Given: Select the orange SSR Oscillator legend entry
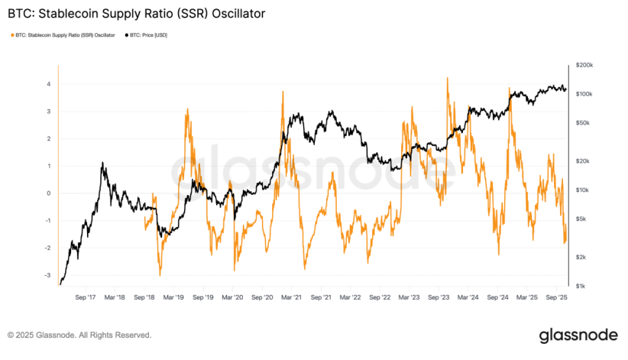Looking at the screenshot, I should (x=67, y=35).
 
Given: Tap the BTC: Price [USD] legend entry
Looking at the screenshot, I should (x=149, y=35).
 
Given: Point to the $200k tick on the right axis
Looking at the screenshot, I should (x=585, y=66).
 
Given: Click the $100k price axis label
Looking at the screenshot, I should (x=585, y=94).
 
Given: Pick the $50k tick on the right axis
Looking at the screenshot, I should (x=584, y=123).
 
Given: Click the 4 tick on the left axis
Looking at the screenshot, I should (x=49, y=84).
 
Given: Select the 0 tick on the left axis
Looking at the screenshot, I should (x=49, y=193).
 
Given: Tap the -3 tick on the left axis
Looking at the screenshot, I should (x=47, y=276).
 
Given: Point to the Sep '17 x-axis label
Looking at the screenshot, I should (x=86, y=297).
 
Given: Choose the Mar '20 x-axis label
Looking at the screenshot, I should (x=233, y=297).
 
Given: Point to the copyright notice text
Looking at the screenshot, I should (x=79, y=335).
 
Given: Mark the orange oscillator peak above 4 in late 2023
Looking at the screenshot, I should (x=447, y=78).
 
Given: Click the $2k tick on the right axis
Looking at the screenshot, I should (x=583, y=257).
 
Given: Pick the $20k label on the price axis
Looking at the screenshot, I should (x=584, y=161).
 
